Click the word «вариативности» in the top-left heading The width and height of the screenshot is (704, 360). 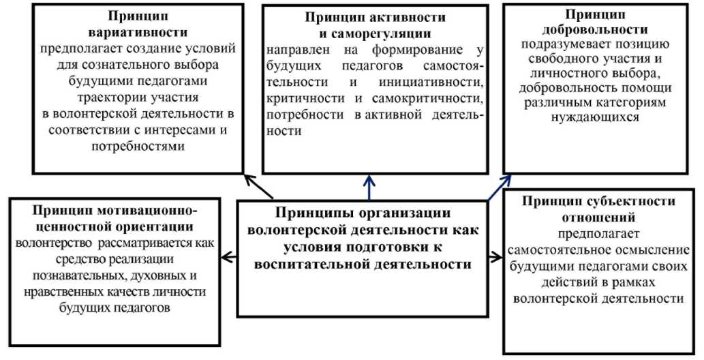click(x=138, y=32)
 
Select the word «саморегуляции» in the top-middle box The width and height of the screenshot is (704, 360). click(x=386, y=33)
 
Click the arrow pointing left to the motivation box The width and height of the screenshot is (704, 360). click(x=229, y=257)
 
